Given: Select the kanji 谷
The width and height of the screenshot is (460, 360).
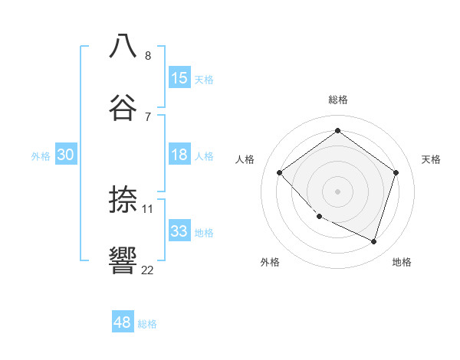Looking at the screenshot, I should pos(123,106).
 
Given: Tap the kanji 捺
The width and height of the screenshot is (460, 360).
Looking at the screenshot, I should pos(123,199).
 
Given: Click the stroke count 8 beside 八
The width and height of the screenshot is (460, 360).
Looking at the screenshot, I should pos(148,55).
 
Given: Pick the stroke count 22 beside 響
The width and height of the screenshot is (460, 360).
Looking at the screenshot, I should pos(147,270).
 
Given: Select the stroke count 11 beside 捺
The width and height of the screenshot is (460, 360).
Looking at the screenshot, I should pos(148,208).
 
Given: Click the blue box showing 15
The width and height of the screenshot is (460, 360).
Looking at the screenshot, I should pos(179,78).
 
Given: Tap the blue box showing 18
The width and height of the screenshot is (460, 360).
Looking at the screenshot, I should pos(179,155).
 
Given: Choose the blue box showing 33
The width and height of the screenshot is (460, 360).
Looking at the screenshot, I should pos(179,231).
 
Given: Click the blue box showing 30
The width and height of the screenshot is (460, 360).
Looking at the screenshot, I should pos(66,155).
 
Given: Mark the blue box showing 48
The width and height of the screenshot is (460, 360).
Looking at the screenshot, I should pos(123,322).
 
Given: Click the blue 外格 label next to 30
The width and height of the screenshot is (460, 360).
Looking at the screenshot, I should pos(41,156).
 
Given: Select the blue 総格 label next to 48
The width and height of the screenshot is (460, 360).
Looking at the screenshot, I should pos(147,324).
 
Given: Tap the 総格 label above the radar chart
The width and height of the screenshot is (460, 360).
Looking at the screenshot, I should pos(338,100).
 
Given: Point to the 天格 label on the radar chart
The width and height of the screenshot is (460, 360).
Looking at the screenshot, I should pos(432,159).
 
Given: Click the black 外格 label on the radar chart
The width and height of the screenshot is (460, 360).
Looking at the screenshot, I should pos(270,262).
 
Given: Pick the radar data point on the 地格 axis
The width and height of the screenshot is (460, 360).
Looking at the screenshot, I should pos(374,242).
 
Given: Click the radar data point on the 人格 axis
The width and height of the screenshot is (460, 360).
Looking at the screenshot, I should pos(280,173).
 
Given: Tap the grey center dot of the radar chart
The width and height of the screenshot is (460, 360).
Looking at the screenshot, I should pos(338,191).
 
